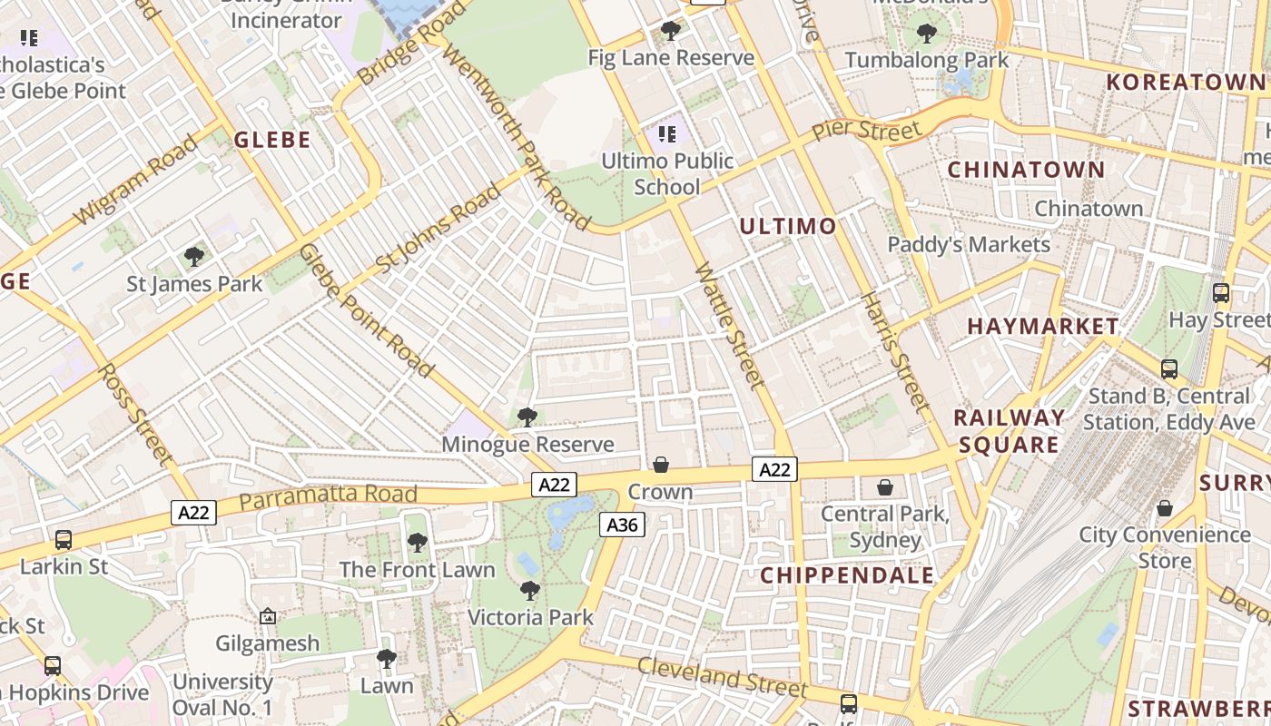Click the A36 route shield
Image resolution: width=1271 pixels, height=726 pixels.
click(x=622, y=525)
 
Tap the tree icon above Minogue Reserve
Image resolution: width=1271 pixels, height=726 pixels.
click(x=527, y=417)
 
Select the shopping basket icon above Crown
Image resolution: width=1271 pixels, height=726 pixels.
click(x=661, y=465)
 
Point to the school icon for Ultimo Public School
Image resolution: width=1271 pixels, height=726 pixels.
click(x=667, y=134)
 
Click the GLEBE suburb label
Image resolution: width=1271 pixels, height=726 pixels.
click(x=272, y=140)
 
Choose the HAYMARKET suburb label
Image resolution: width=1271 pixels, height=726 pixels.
click(x=1043, y=326)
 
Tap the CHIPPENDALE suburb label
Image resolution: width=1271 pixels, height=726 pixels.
click(x=847, y=575)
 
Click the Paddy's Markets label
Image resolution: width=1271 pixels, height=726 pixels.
click(x=969, y=244)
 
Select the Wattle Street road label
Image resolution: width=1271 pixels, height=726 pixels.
click(x=730, y=327)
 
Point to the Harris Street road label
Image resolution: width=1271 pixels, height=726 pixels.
click(x=895, y=351)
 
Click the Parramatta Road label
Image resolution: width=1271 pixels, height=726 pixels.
click(x=329, y=495)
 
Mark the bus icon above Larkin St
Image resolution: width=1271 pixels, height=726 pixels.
click(x=64, y=539)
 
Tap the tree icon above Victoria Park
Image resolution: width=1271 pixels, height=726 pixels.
click(x=530, y=591)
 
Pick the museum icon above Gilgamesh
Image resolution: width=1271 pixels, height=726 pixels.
click(x=268, y=616)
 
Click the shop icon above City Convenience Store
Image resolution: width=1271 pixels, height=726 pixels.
click(x=1164, y=508)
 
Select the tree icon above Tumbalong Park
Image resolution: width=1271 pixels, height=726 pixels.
click(x=927, y=34)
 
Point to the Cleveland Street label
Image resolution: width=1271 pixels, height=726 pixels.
click(x=710, y=675)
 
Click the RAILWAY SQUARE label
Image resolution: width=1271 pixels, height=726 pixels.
click(x=1010, y=431)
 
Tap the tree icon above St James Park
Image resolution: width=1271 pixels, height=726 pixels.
click(x=193, y=256)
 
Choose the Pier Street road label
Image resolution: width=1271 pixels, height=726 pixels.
click(x=866, y=129)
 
